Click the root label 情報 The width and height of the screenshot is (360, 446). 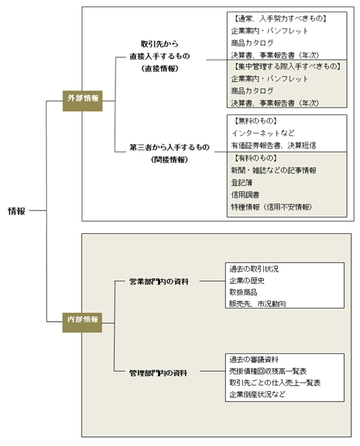coord(17,211)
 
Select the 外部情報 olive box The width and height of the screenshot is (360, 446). coord(83,101)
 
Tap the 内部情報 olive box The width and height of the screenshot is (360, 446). coord(82,322)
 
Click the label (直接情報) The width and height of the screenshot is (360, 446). coord(160,69)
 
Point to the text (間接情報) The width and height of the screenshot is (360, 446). coord(169,160)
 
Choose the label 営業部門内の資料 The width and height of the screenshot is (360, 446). coord(159,281)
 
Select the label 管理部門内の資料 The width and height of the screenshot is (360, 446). coord(158,373)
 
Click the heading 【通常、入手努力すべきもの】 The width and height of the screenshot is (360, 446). coord(280,19)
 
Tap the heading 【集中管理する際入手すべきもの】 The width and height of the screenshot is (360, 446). coord(287,66)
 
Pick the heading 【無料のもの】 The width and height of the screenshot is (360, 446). coord(255,121)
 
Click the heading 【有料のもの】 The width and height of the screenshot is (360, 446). coord(255,158)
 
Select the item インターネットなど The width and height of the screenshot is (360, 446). coord(263,133)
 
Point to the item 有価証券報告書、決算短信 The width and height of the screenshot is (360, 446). coord(274,145)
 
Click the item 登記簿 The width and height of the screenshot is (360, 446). coord(241,183)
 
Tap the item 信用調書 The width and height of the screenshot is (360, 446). coord(245,195)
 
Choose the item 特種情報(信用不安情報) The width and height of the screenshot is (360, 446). coord(271,207)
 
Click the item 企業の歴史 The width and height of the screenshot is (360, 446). coord(247,281)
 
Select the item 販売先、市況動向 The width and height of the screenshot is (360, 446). coord(258,304)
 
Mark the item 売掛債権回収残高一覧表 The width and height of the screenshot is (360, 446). coord(268,371)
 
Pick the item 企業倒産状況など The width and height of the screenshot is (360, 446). coord(257,394)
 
